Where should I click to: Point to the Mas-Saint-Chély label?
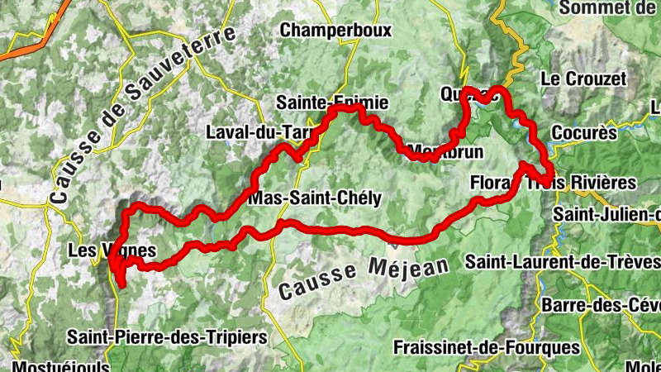tap(315, 198)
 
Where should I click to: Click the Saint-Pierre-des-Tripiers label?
tap(168, 337)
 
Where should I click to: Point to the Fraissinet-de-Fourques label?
tap(487, 346)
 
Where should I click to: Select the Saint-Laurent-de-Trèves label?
tap(562, 262)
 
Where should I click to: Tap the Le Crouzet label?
tap(583, 79)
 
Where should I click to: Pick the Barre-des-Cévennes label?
tap(600, 304)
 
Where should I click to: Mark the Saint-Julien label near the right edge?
tap(607, 214)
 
